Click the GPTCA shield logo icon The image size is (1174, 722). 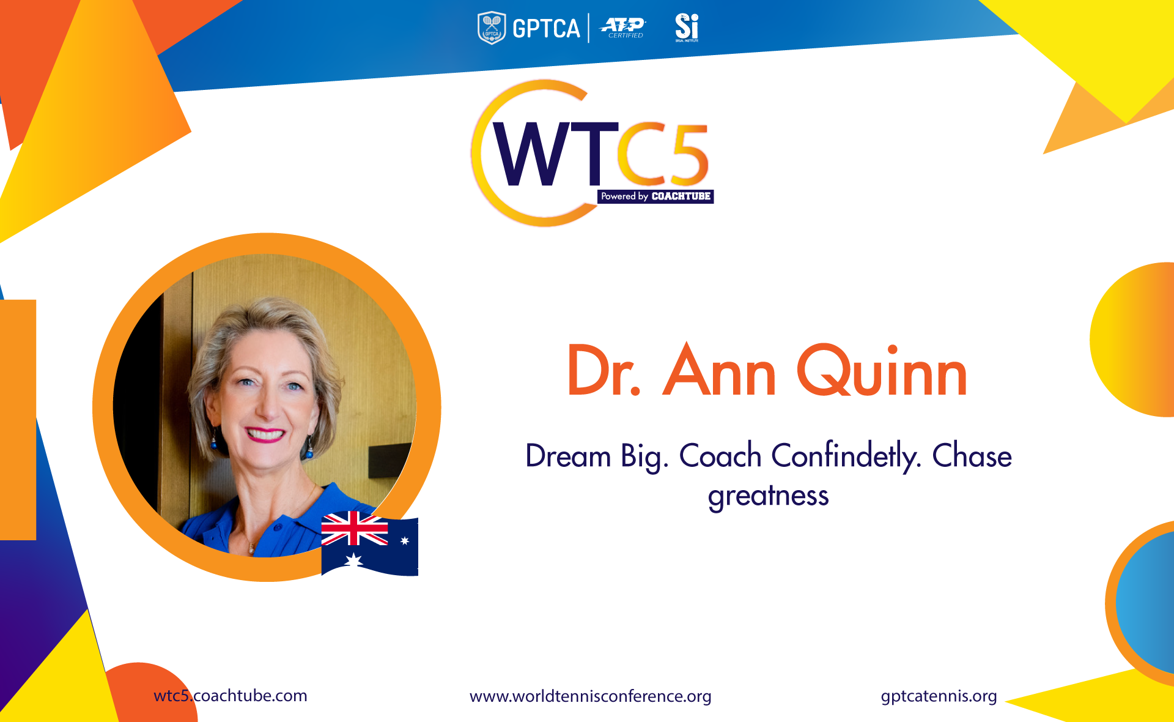tap(491, 28)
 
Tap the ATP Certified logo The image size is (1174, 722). tap(623, 28)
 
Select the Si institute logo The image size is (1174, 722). tap(687, 28)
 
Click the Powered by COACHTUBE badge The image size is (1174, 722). tap(655, 196)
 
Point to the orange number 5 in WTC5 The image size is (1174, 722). tap(688, 155)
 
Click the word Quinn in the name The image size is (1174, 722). tap(882, 371)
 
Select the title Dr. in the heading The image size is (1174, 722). tap(604, 371)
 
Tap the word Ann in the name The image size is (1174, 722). tap(720, 370)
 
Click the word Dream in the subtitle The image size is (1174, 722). tap(568, 456)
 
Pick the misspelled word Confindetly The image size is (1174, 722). tap(846, 456)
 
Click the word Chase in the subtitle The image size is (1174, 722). tap(972, 456)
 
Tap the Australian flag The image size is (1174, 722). tap(370, 544)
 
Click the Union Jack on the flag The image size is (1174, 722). tap(355, 529)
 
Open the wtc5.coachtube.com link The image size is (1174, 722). tap(231, 696)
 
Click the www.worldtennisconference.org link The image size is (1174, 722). tap(591, 696)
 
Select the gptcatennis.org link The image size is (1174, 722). tap(939, 696)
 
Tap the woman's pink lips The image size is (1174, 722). tap(265, 434)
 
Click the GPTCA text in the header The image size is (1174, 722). tap(546, 29)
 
